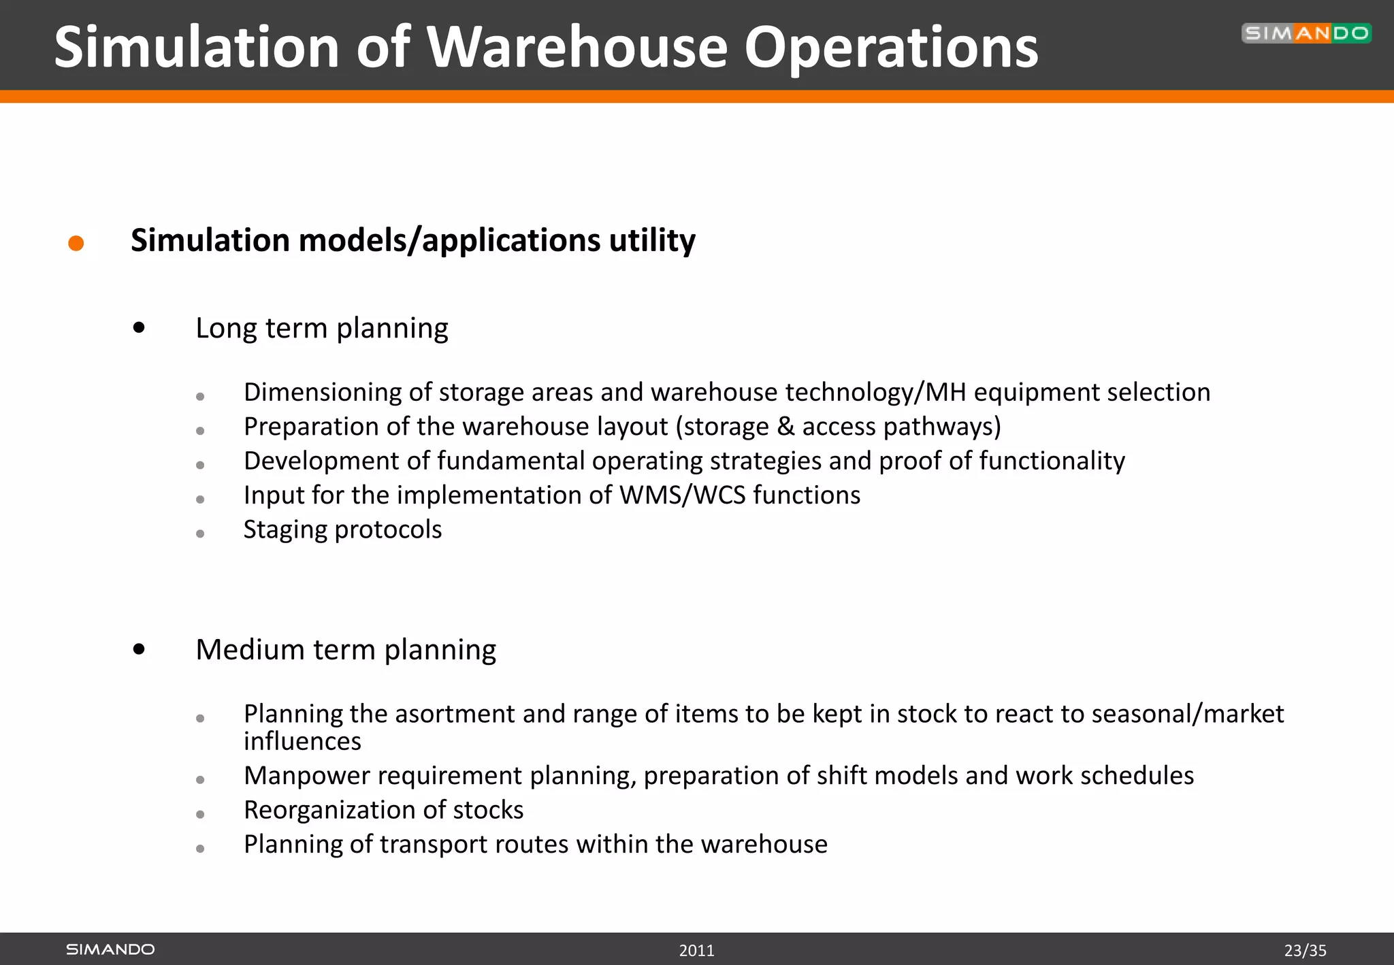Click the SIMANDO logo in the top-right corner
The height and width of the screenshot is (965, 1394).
1306,33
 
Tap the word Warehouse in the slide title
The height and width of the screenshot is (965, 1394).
577,48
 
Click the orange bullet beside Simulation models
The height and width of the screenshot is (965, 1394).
76,243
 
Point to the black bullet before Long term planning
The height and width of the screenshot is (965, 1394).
140,328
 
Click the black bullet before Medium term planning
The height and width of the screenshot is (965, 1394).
140,649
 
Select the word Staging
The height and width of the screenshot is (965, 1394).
285,530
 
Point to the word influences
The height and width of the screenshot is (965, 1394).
302,741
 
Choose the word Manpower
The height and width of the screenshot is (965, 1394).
304,776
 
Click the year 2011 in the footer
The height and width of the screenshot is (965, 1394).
696,951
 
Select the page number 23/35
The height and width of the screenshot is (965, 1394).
1305,951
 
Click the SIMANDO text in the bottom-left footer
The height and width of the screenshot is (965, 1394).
110,949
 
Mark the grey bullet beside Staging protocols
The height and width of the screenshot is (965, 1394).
200,534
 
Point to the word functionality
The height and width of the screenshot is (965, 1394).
1052,461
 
